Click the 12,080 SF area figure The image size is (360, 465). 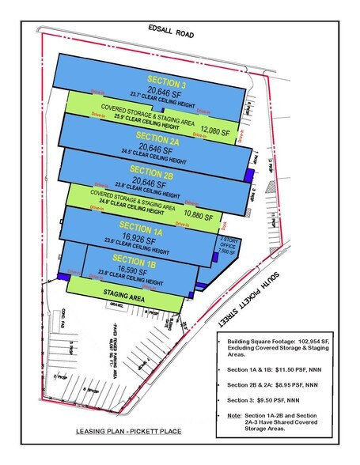point(215,131)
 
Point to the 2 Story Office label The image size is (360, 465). point(229,240)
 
